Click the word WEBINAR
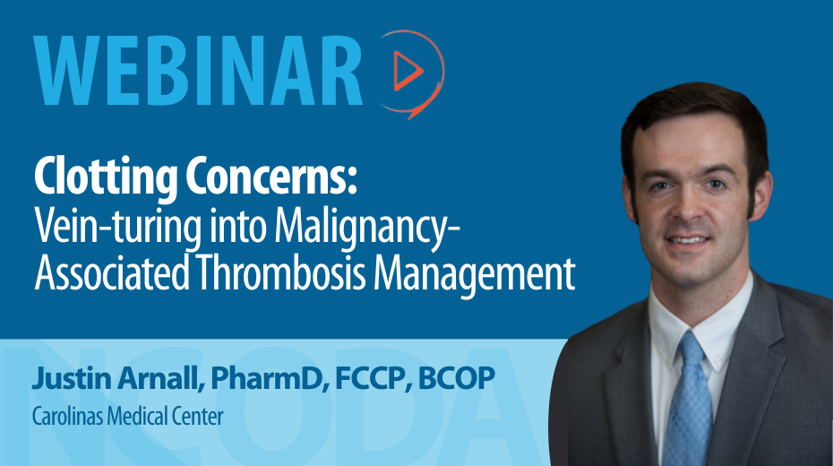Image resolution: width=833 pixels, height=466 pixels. click(x=198, y=71)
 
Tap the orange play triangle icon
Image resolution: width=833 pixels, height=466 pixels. click(x=408, y=70)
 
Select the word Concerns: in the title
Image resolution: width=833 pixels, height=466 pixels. click(x=271, y=177)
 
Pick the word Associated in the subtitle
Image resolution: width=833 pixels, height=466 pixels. click(x=112, y=272)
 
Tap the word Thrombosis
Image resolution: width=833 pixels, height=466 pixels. click(x=281, y=272)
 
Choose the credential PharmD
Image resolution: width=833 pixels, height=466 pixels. click(x=267, y=378)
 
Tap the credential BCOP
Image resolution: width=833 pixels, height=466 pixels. click(x=456, y=378)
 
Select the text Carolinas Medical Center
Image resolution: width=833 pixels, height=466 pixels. click(x=127, y=416)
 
